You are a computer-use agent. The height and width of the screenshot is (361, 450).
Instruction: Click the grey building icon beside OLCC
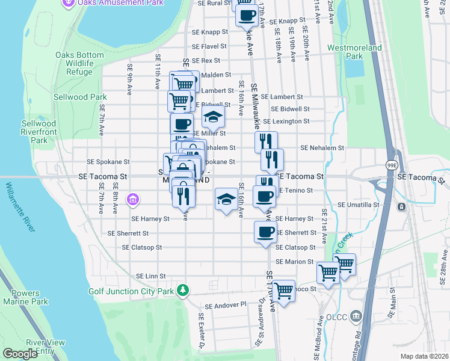coord(356,316)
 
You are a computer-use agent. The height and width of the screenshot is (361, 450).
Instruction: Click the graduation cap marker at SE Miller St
coord(213,117)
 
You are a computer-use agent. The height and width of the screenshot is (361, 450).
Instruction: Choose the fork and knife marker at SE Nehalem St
coord(265,142)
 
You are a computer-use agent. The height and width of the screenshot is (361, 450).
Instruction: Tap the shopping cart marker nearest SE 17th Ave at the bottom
coord(283,291)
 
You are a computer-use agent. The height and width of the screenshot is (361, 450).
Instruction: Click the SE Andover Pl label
coord(226,305)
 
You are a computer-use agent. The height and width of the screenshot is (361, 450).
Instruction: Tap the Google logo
coord(20,354)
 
